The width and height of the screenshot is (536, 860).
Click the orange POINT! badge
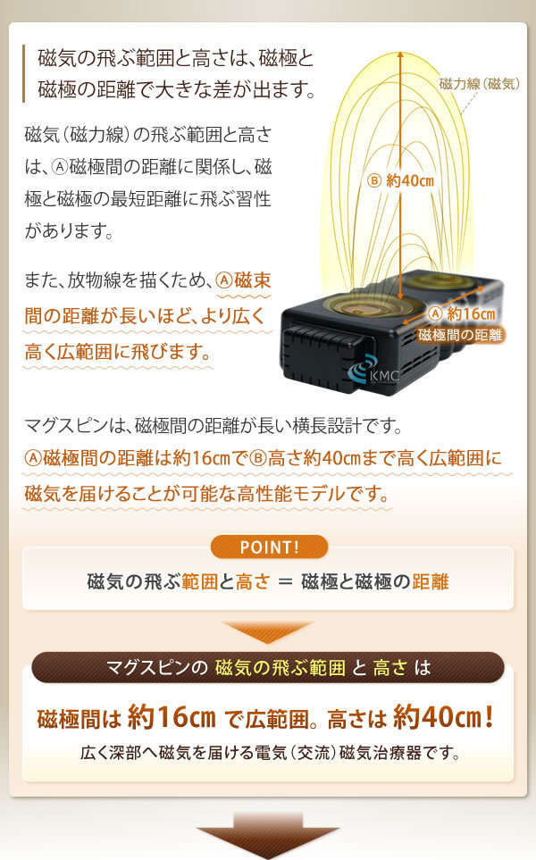269,547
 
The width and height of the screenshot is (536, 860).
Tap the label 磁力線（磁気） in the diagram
479,85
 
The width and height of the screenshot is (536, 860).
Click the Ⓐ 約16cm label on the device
461,313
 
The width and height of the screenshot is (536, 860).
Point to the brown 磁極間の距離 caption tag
460,335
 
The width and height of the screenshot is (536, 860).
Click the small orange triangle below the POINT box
267,631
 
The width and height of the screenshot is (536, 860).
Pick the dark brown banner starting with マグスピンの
268,666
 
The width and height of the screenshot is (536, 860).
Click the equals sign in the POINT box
285,582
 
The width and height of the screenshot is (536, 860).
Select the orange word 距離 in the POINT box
431,582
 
